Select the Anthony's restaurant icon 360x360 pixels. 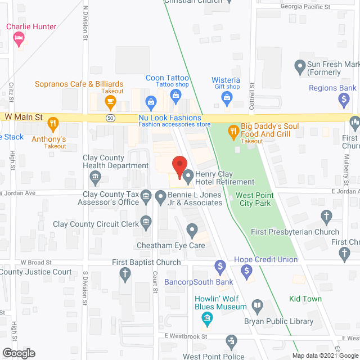[x=52, y=123]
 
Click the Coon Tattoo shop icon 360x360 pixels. [x=151, y=102]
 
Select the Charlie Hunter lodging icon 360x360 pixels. [x=18, y=38]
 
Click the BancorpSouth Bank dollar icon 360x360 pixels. [x=220, y=265]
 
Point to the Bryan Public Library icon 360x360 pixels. [x=257, y=305]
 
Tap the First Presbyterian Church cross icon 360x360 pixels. [x=326, y=215]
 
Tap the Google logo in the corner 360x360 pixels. [x=18, y=353]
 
